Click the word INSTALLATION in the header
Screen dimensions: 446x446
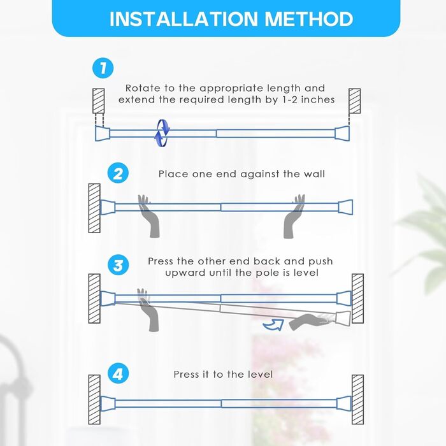click(x=183, y=19)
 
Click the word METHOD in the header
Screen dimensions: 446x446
click(x=309, y=19)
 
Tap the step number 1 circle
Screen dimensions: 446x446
click(x=103, y=68)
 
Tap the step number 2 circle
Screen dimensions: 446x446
click(x=118, y=173)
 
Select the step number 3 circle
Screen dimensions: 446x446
click(x=118, y=265)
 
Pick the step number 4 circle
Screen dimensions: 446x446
click(x=118, y=373)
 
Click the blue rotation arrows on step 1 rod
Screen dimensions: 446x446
click(x=162, y=133)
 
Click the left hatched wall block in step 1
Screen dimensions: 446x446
click(x=98, y=101)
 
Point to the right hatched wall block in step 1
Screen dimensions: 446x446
click(x=355, y=101)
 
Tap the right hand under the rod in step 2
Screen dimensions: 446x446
click(x=294, y=217)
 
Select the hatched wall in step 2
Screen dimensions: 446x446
click(x=94, y=208)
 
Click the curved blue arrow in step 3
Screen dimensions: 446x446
click(x=273, y=325)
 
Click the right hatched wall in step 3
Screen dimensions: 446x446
click(x=357, y=299)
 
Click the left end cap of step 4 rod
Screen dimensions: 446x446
click(x=108, y=403)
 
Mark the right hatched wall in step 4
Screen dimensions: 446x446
click(x=357, y=399)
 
